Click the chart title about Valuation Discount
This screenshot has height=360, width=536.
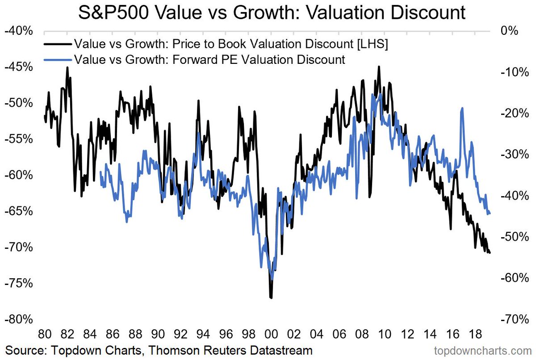(272, 13)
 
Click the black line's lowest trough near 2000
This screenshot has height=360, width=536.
(271, 297)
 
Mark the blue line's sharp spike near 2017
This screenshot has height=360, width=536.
(462, 108)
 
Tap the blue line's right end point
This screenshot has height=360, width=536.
(490, 213)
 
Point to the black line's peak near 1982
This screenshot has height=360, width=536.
(67, 67)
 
